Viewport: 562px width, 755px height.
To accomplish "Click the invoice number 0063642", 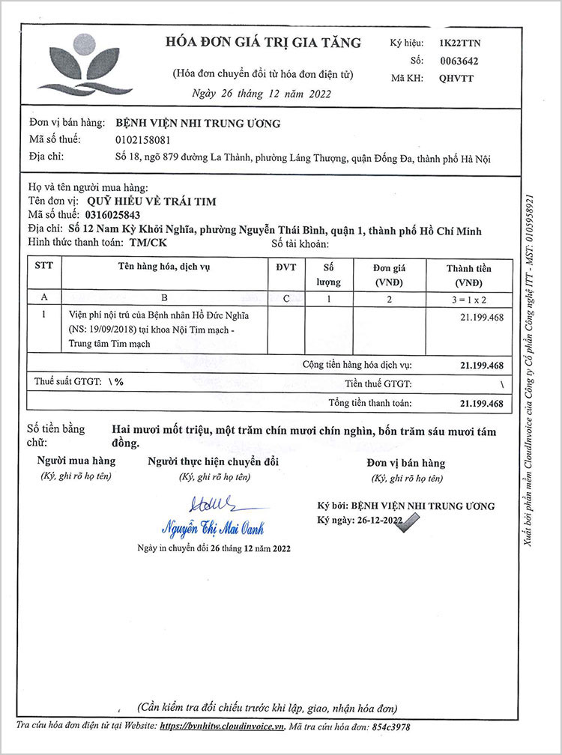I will pos(459,61).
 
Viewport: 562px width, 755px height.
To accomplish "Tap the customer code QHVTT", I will pos(456,78).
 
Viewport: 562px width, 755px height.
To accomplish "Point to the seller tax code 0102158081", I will pos(143,139).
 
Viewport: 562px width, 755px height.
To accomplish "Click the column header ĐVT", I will pos(286,267).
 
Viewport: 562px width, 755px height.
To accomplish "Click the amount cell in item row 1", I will pos(480,317).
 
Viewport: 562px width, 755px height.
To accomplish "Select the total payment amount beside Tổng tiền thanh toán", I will pos(480,404).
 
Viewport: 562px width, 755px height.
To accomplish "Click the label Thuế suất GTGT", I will pos(68,381).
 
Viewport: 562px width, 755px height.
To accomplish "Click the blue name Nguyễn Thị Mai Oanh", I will pos(214,528).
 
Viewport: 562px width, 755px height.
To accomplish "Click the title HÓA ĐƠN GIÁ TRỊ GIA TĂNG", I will pos(263,43).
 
